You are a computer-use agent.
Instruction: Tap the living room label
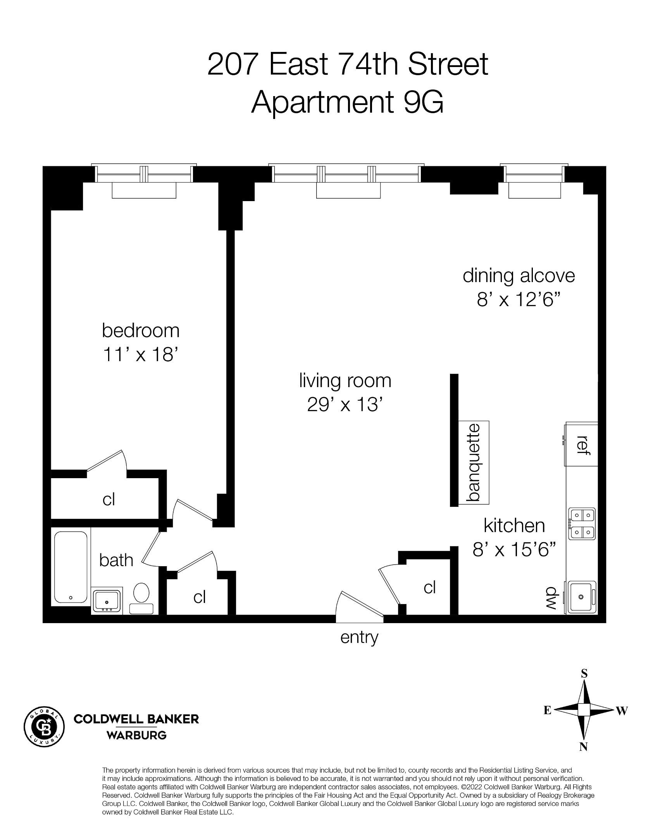[x=345, y=381]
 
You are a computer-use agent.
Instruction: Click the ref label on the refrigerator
[x=582, y=445]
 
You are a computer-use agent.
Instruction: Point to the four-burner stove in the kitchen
[x=582, y=524]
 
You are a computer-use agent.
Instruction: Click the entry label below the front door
[x=359, y=637]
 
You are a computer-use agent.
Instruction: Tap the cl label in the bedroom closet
[x=109, y=499]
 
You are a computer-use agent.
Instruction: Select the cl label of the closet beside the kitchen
[x=430, y=587]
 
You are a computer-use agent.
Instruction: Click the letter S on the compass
[x=584, y=673]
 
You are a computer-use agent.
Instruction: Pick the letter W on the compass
[x=621, y=711]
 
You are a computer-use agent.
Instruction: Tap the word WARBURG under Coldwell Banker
[x=136, y=735]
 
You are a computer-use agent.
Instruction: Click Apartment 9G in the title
[x=347, y=102]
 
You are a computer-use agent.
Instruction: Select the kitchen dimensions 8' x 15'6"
[x=514, y=549]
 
